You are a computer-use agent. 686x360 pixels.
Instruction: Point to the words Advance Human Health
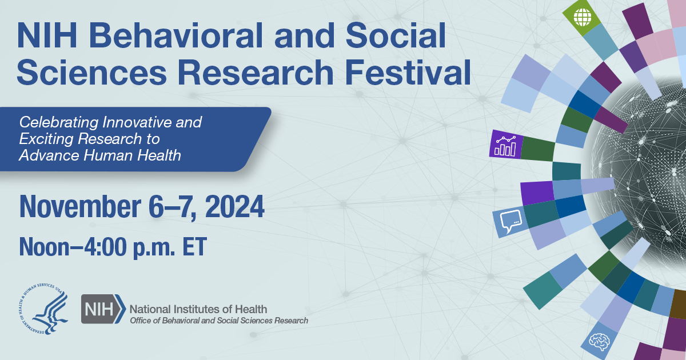point(100,154)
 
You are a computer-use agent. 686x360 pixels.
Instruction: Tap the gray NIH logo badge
point(103,309)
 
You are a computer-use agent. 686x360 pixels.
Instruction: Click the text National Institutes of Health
point(198,309)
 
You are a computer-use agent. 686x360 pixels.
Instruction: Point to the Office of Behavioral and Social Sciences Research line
point(219,321)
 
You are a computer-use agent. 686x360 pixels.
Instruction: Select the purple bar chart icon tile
point(505,144)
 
